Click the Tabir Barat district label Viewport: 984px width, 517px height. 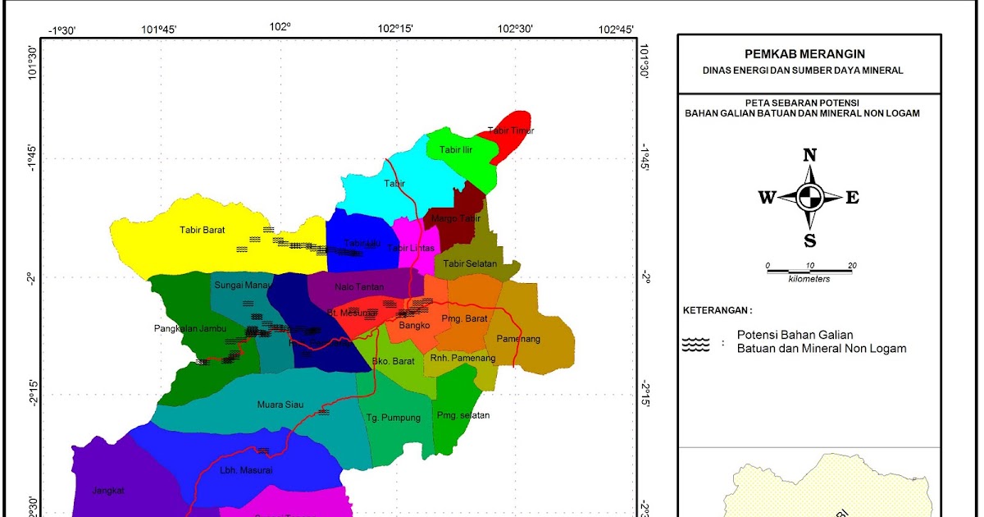202,230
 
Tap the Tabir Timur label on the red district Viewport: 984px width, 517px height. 510,130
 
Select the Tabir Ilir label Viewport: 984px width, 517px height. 456,150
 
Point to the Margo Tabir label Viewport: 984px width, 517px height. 456,218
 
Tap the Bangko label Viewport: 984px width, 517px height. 414,326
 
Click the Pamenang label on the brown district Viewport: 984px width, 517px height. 518,338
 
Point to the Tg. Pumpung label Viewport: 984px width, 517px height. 393,418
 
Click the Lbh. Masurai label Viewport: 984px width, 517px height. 245,470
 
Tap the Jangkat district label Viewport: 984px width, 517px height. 109,490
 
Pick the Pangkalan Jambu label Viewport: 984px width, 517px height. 189,329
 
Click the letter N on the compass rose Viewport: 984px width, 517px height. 809,156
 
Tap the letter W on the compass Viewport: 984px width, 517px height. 767,197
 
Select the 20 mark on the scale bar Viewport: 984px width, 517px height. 852,265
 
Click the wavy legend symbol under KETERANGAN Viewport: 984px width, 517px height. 695,344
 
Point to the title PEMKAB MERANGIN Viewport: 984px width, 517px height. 809,54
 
